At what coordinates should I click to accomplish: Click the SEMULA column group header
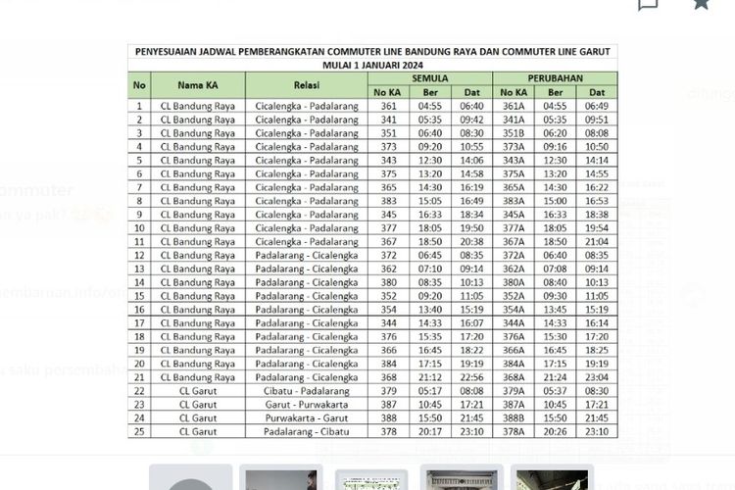tap(430, 77)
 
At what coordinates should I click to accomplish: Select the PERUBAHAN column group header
tap(556, 77)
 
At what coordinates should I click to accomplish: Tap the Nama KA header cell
tap(198, 84)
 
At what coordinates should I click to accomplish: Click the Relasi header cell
tap(307, 84)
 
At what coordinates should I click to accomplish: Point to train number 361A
tap(514, 106)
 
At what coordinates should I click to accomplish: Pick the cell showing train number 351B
tap(514, 132)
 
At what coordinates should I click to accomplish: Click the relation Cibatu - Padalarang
tap(307, 390)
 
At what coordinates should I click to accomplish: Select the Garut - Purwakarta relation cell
tap(307, 404)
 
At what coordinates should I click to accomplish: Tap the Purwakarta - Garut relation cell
tap(307, 417)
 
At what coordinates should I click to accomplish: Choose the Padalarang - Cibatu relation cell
tap(307, 431)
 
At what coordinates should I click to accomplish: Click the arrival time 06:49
tap(596, 106)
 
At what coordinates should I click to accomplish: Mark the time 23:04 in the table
tap(596, 376)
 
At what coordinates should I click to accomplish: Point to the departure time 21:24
tap(555, 376)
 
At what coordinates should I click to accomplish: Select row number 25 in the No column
tap(139, 431)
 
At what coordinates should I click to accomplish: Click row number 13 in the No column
tap(139, 269)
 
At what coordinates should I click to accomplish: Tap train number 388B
tap(514, 417)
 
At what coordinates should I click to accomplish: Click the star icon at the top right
tap(701, 4)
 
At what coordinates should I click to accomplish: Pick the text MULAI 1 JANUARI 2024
tap(372, 64)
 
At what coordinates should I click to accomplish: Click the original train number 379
tap(389, 390)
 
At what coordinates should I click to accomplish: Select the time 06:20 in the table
tap(555, 132)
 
